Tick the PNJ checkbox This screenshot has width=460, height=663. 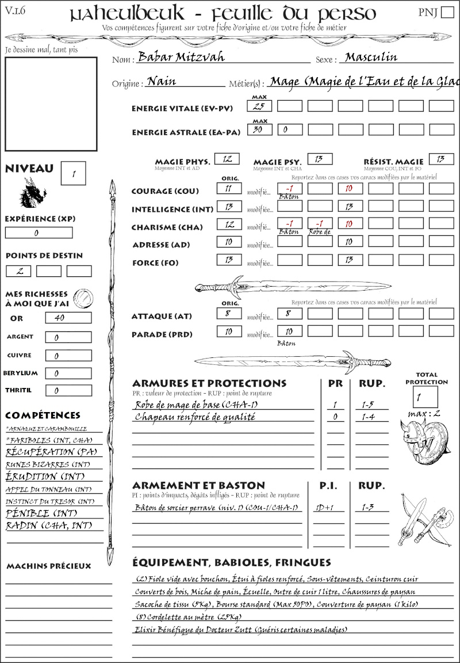(x=446, y=13)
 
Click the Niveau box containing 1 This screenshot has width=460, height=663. (x=74, y=172)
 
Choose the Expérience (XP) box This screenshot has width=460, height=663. (x=39, y=233)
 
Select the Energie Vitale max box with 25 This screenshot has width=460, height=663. (x=259, y=106)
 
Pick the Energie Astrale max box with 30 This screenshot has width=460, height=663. (x=259, y=130)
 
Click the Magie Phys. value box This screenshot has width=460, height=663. (x=227, y=159)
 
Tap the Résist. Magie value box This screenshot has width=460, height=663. (x=441, y=159)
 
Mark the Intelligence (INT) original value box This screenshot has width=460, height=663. (x=229, y=207)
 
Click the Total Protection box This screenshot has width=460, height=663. (x=425, y=397)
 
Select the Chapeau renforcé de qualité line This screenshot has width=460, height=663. (x=195, y=417)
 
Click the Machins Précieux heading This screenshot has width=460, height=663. (x=49, y=566)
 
